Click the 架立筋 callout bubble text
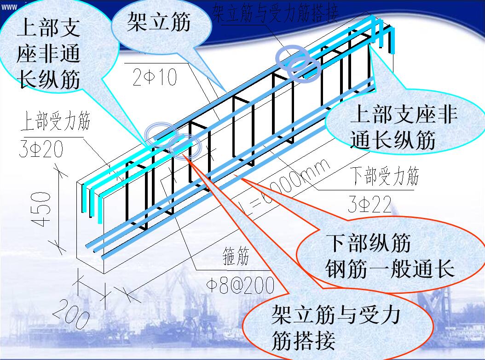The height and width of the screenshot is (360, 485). click(x=159, y=22)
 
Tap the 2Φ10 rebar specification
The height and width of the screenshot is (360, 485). click(x=155, y=77)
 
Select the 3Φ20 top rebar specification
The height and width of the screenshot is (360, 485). click(x=41, y=149)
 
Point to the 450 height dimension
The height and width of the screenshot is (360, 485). click(x=42, y=209)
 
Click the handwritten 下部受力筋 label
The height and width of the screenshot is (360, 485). click(x=384, y=177)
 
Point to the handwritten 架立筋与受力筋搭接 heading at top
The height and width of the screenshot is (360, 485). click(x=275, y=13)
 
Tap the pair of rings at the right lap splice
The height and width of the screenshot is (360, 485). click(x=298, y=63)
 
